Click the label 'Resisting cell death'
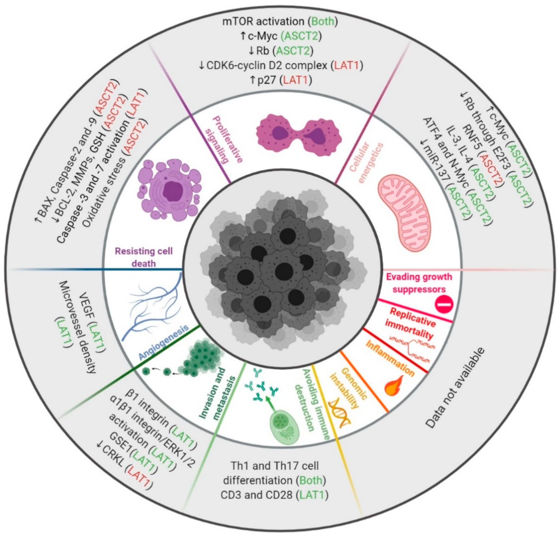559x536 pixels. (144, 256)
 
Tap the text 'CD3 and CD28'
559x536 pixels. (256, 495)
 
